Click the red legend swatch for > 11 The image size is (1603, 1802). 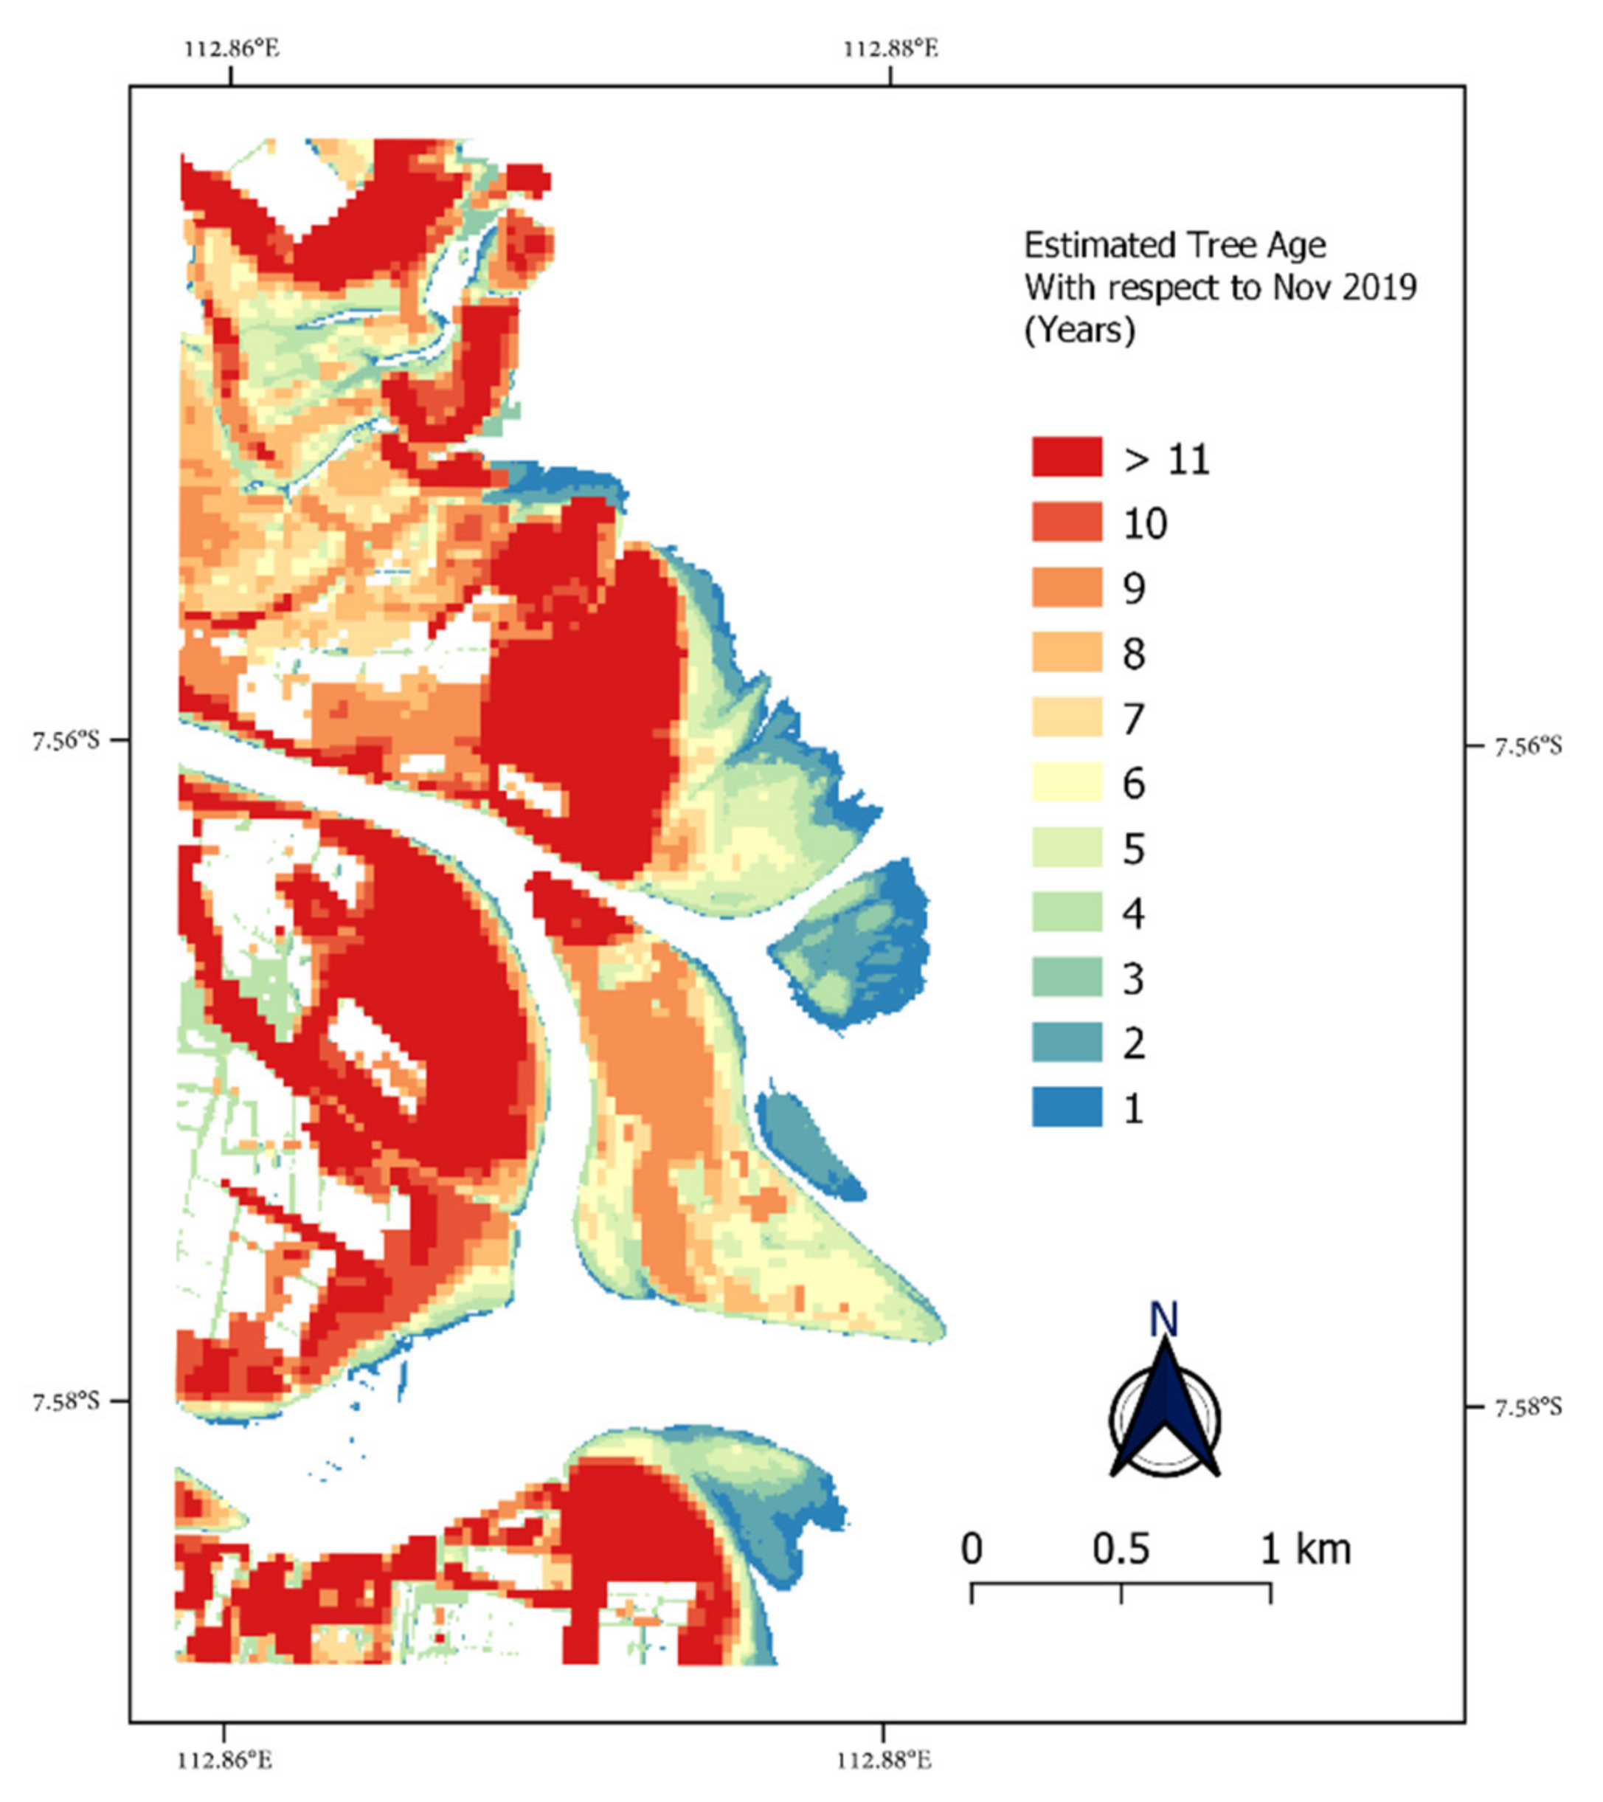pyautogui.click(x=1066, y=458)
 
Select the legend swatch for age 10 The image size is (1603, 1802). pyautogui.click(x=1066, y=522)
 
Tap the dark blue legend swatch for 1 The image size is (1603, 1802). pyautogui.click(x=1066, y=1108)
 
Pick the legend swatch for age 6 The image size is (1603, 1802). pyautogui.click(x=1066, y=783)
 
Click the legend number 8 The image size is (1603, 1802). pyautogui.click(x=1133, y=653)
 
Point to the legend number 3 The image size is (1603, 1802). pyautogui.click(x=1133, y=978)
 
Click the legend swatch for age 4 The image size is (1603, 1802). pyautogui.click(x=1066, y=913)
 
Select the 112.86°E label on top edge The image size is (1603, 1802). pyautogui.click(x=232, y=49)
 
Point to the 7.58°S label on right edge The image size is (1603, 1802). pyautogui.click(x=1526, y=1407)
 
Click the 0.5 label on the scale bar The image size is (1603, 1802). pyautogui.click(x=1121, y=1549)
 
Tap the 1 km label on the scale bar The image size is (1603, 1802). pyautogui.click(x=1304, y=1549)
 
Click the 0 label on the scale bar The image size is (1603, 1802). pyautogui.click(x=971, y=1549)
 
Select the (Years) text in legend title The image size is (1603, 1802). pyautogui.click(x=1079, y=331)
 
